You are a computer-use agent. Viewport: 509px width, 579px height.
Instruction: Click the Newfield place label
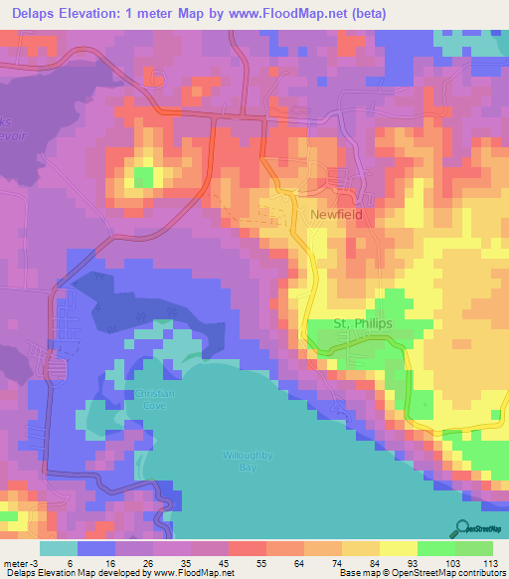click(335, 214)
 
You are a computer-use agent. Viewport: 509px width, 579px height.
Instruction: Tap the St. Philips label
click(362, 324)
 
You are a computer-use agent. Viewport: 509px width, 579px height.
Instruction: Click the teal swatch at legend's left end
click(58, 549)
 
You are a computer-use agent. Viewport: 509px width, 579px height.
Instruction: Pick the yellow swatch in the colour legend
click(398, 549)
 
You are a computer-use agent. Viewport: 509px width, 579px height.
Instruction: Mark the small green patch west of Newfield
click(144, 177)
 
